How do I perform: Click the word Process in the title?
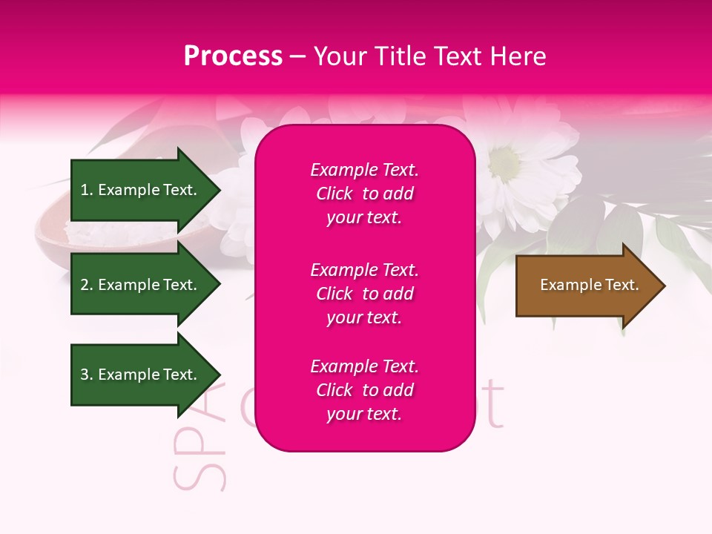pos(233,56)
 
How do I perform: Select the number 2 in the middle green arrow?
pos(85,285)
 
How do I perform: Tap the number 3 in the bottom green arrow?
pos(85,375)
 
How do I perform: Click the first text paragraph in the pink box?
pos(364,194)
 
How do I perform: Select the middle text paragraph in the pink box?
pos(364,294)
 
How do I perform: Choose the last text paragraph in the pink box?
pos(364,390)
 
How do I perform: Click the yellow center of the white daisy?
pos(505,160)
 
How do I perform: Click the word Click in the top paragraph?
pos(334,194)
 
